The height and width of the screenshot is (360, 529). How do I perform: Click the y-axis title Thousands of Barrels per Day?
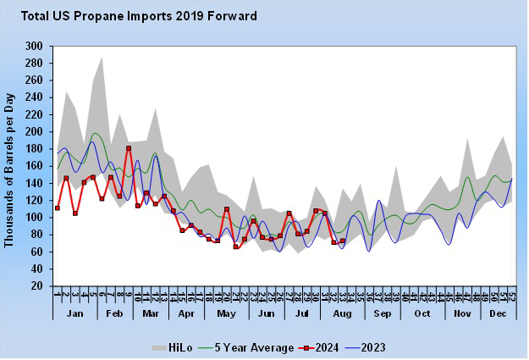[10, 166]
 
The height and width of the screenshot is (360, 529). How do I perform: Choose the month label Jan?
[74, 314]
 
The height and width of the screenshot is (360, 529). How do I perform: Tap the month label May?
[227, 314]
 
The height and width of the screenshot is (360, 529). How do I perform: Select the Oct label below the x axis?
[422, 314]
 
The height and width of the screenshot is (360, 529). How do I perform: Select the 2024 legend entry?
[331, 347]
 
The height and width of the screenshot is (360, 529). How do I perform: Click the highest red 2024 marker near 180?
[129, 149]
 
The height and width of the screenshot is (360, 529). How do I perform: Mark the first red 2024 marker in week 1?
[58, 208]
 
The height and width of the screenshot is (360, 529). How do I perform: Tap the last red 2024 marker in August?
[343, 241]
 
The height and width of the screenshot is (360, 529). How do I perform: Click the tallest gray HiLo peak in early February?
[102, 57]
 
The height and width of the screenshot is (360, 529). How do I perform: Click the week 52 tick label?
[512, 296]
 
